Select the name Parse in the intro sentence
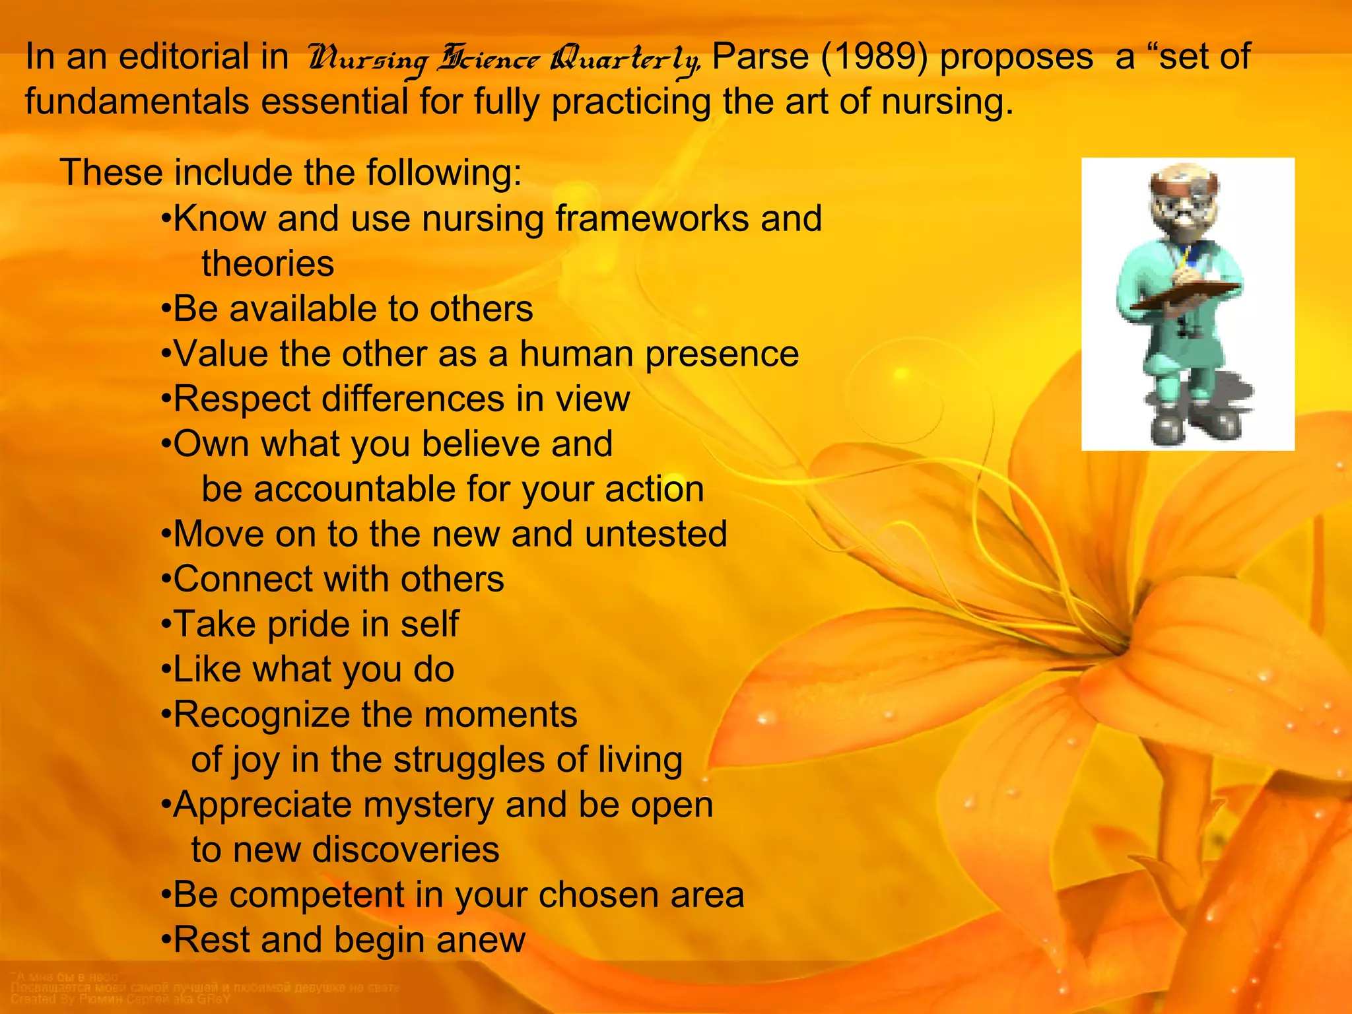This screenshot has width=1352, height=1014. [x=761, y=57]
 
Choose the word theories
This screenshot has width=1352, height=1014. [x=268, y=263]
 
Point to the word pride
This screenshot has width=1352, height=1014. [x=312, y=625]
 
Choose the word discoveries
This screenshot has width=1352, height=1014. [x=405, y=850]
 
